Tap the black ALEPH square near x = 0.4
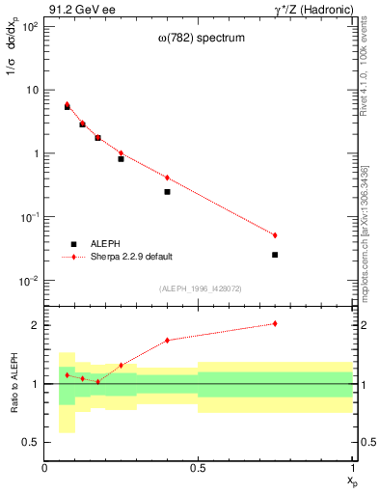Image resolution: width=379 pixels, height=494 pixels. pyautogui.click(x=167, y=192)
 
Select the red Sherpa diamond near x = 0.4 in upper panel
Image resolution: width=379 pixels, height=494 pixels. pyautogui.click(x=167, y=178)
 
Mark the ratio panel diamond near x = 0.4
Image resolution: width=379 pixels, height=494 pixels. pyautogui.click(x=167, y=340)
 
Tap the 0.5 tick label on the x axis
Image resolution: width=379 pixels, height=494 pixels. pyautogui.click(x=199, y=468)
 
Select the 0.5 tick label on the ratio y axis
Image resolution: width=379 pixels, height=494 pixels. pyautogui.click(x=32, y=442)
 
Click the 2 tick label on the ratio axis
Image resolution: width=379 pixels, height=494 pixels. pyautogui.click(x=35, y=325)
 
